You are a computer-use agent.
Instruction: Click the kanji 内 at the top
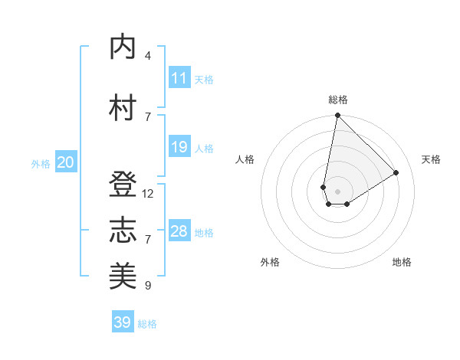tap(123, 47)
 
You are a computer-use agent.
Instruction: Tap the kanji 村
tap(123, 108)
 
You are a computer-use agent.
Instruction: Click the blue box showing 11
tap(179, 78)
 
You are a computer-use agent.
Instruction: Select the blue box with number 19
tap(179, 147)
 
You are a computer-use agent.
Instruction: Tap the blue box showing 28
tap(179, 231)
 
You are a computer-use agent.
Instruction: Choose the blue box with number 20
tap(65, 162)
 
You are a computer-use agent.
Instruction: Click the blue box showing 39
tap(123, 322)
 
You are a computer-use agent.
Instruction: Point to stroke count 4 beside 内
tap(148, 56)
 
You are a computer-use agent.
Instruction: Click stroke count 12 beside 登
tap(148, 194)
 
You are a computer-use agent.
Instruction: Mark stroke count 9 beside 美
tap(148, 286)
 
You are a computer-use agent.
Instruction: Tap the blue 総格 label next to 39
tap(147, 324)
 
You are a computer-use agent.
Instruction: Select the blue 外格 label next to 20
tap(41, 163)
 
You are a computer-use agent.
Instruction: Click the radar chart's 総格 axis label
tap(338, 100)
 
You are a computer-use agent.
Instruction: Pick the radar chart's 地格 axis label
tap(402, 262)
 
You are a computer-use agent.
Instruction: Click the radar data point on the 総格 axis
tap(337, 116)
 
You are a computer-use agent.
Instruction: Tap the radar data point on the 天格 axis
tap(396, 172)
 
